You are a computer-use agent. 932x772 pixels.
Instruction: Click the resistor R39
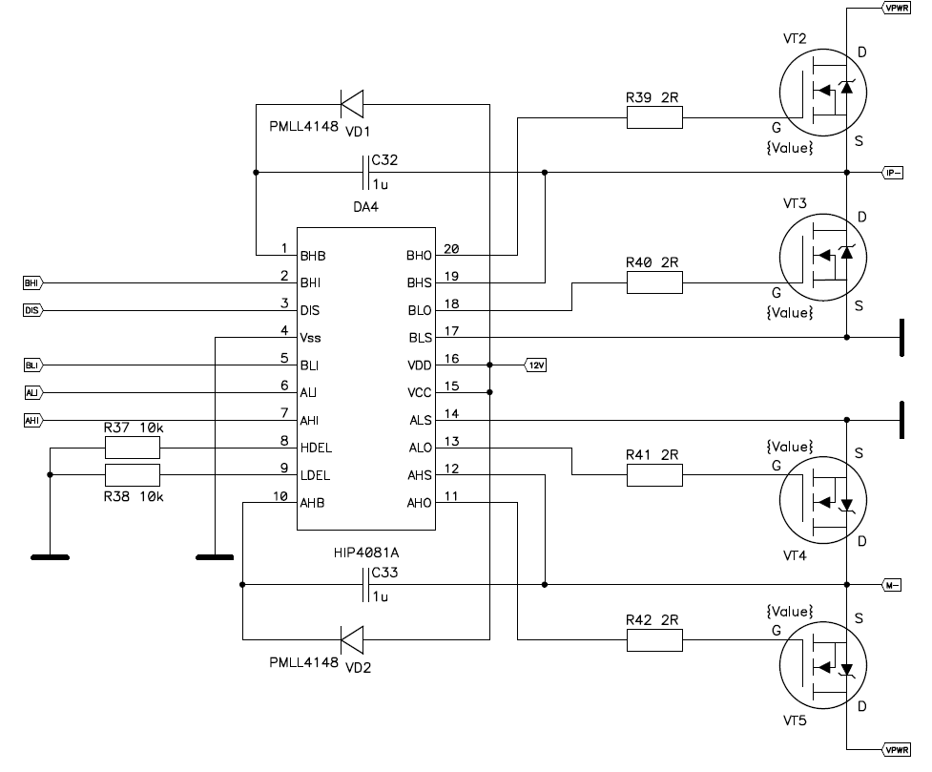[x=654, y=117]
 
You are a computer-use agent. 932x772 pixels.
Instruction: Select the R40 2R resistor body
[x=654, y=282]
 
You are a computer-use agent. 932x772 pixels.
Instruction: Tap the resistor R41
[x=654, y=475]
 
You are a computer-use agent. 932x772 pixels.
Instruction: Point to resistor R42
[x=654, y=639]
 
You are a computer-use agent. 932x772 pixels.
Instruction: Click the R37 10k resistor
[x=133, y=448]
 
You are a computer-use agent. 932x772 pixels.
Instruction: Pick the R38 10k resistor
[x=133, y=475]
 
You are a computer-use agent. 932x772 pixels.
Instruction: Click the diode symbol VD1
[x=353, y=101]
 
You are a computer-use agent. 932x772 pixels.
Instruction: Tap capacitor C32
[x=367, y=173]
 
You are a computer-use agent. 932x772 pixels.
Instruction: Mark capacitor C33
[x=367, y=584]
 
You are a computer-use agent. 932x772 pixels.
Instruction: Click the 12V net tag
[x=536, y=365]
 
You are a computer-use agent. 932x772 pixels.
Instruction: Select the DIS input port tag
[x=31, y=310]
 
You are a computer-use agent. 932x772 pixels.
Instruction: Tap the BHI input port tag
[x=31, y=282]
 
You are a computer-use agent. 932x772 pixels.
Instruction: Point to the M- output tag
[x=893, y=584]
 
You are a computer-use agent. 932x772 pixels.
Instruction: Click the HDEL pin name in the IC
[x=316, y=448]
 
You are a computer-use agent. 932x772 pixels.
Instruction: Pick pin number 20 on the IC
[x=451, y=250]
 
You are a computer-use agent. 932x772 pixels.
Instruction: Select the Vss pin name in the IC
[x=311, y=338]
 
